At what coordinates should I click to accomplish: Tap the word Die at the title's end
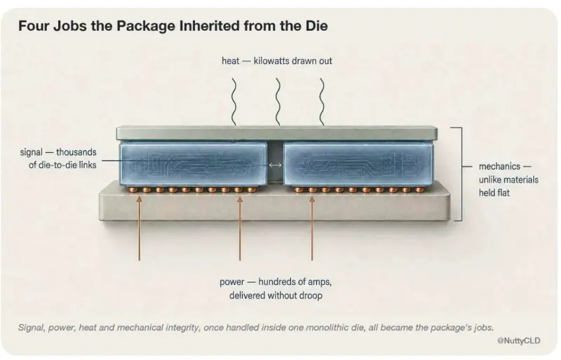[317, 26]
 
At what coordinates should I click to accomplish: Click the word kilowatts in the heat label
[271, 61]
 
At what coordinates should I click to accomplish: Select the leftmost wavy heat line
[234, 102]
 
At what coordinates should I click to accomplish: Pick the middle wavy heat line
[278, 102]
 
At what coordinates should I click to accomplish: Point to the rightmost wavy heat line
[322, 102]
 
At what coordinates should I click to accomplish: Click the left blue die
[194, 164]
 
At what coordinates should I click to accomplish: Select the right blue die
[358, 164]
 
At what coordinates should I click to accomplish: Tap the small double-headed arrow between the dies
[275, 165]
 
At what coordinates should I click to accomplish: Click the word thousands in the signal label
[76, 152]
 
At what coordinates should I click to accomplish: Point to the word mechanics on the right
[499, 166]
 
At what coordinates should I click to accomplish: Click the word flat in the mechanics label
[503, 193]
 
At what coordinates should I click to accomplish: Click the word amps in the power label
[319, 282]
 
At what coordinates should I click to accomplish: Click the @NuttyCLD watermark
[519, 340]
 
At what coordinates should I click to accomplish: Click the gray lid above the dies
[276, 133]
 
